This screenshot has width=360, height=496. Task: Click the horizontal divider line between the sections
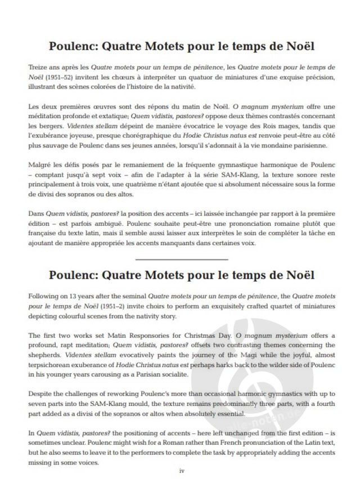pos(182,260)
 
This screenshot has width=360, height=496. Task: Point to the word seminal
pos(153,296)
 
